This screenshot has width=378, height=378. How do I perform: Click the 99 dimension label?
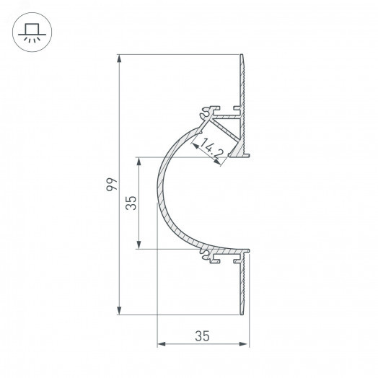click(112, 185)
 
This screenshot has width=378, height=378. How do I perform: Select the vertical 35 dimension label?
click(131, 203)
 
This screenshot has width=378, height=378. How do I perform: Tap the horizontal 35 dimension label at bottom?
click(202, 336)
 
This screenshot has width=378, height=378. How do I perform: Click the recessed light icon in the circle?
click(32, 32)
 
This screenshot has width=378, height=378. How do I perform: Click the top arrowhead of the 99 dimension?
click(119, 58)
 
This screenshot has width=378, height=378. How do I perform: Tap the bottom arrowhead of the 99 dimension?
click(119, 310)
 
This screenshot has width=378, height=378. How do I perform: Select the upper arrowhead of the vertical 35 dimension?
click(139, 162)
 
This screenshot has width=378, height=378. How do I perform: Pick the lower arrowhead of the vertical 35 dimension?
click(139, 245)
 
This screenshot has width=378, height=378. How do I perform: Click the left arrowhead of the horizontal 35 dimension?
click(162, 344)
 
